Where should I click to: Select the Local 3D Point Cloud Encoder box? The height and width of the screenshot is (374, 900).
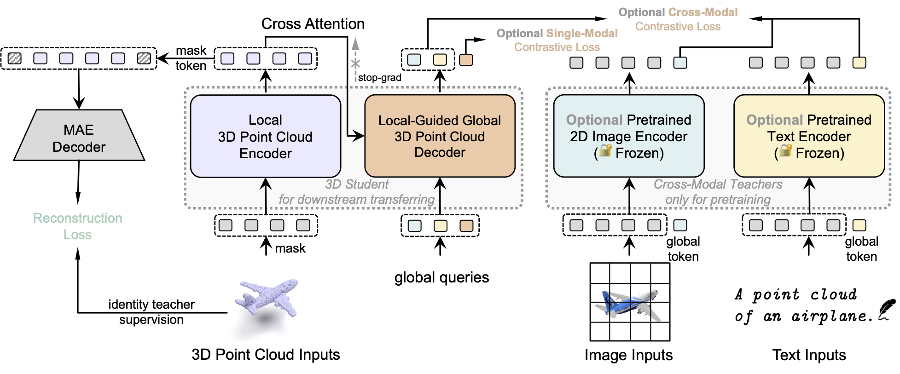click(265, 136)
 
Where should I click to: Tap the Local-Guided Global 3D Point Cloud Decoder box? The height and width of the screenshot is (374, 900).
click(440, 136)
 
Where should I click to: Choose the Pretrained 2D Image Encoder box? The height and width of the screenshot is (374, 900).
click(629, 136)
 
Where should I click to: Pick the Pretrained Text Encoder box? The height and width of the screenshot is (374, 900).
click(809, 136)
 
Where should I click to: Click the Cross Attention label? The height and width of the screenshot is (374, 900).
click(313, 24)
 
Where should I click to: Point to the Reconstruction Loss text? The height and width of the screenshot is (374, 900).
click(77, 226)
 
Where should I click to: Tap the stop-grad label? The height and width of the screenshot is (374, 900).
click(379, 78)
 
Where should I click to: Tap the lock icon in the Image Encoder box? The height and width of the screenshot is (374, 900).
click(605, 150)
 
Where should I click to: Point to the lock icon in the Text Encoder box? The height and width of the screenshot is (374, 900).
click(785, 150)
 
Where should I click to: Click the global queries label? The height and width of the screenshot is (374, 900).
click(441, 277)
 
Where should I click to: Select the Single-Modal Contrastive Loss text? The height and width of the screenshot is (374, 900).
click(557, 40)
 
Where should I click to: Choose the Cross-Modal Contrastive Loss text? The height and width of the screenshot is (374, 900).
click(678, 19)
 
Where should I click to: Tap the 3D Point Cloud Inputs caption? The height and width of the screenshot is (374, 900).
click(266, 355)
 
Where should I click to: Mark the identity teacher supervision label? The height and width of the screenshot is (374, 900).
click(151, 312)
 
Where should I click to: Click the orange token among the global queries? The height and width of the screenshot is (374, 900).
click(466, 225)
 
